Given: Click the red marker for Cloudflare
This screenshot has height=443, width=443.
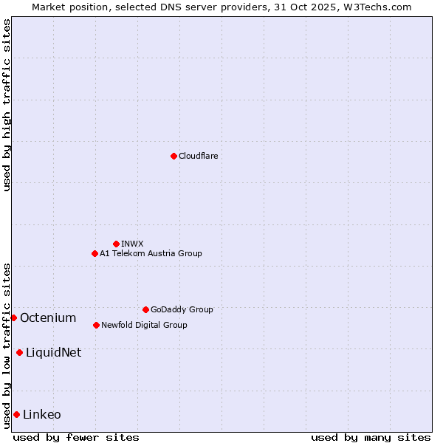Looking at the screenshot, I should pos(174,156).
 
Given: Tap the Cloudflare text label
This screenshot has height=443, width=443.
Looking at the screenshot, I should pos(199,156).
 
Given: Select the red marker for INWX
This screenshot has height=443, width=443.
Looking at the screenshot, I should pos(116,244).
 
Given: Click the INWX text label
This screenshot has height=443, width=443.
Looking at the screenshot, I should pos(132,244).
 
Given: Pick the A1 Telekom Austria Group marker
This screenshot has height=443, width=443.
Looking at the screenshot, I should pos(95,253).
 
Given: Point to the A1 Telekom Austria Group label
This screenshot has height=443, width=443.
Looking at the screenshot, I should pos(151,253).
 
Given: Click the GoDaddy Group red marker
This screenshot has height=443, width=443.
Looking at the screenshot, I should pos(145,309).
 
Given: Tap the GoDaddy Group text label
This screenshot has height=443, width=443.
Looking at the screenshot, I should pos(182,309).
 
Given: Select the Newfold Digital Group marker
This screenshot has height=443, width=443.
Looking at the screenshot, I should pos(96,325).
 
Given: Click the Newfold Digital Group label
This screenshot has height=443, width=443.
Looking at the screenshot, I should pos(144,325).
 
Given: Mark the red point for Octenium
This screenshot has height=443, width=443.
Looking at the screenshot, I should pos(13,317).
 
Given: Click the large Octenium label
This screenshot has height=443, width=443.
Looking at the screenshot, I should pos(48,317).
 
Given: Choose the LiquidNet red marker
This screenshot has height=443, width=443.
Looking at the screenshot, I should pos(19,352).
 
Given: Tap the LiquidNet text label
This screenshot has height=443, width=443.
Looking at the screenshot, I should pos(53,352).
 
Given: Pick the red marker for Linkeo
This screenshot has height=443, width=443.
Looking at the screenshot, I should pos(16,414).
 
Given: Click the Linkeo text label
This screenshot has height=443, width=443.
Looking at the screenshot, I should pos(42,414).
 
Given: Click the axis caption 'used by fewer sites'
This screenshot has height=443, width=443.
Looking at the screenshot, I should pos(76,437).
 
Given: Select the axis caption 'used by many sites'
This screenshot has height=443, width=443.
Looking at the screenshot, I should pos(371,437).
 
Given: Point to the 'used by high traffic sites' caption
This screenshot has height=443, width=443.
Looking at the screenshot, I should pos(7,106).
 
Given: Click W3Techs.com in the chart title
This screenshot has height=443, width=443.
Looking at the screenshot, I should pos(375,7).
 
